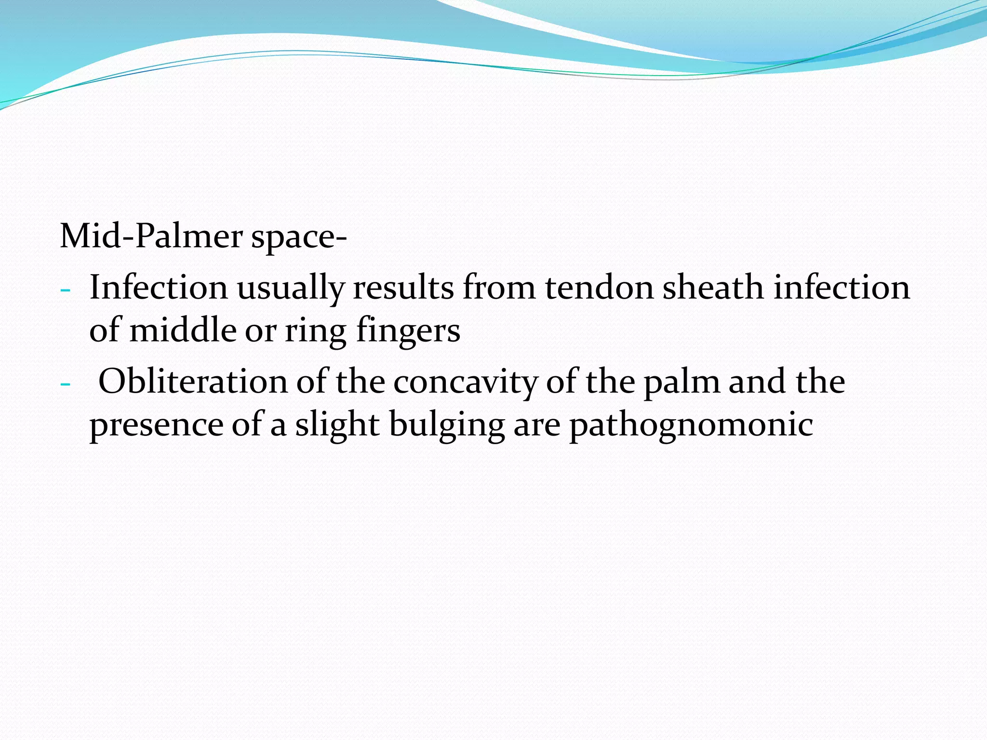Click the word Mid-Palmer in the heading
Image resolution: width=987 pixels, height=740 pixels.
tap(151, 237)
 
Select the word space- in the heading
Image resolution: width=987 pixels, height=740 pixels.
tap(299, 238)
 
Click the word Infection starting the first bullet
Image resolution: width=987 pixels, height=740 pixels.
tap(159, 287)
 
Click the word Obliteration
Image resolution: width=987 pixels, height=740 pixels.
tap(193, 382)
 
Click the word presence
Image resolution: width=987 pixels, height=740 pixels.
tap(157, 425)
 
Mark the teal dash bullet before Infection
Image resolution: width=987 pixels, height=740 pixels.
tap(65, 291)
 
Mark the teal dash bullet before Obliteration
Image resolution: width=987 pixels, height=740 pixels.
tap(65, 384)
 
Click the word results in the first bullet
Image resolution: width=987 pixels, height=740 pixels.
tap(403, 287)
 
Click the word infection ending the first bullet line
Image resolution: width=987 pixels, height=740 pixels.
tap(841, 287)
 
